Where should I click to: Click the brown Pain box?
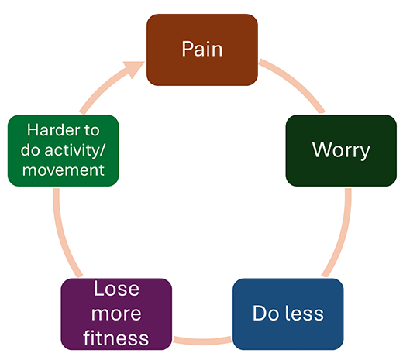click(202, 50)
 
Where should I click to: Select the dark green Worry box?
click(341, 150)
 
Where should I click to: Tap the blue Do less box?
click(288, 314)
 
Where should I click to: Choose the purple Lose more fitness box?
click(116, 314)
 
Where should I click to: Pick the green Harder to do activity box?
click(63, 150)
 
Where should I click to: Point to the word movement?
click(63, 170)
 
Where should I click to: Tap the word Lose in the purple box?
click(116, 290)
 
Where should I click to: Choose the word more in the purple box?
click(116, 314)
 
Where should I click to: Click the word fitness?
click(116, 338)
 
